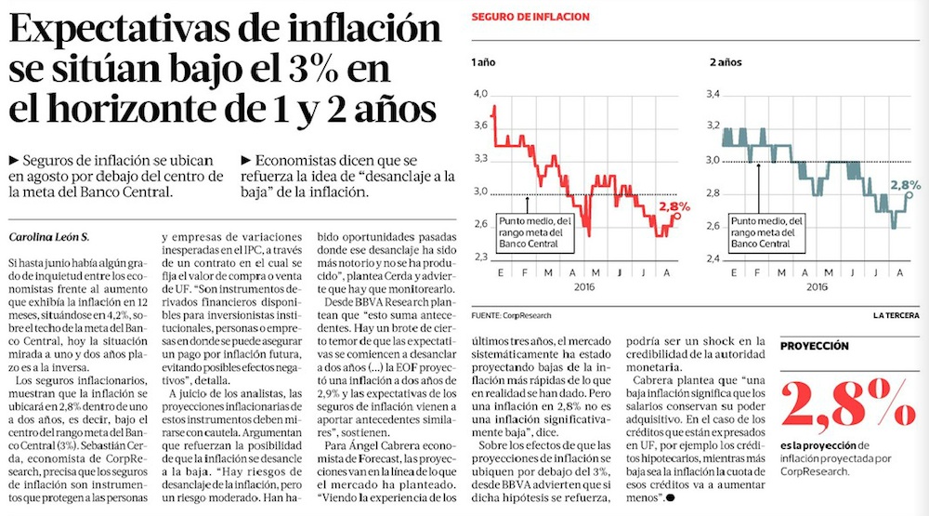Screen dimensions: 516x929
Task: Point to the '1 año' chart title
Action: (x=483, y=63)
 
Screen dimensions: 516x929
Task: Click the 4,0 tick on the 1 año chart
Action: (x=480, y=94)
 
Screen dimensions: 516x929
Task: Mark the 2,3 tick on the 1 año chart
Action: (x=480, y=258)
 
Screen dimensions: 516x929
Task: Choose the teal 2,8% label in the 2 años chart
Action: (x=906, y=184)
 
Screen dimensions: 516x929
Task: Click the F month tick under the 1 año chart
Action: (x=526, y=271)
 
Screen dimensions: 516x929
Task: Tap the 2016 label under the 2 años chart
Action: (x=817, y=287)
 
